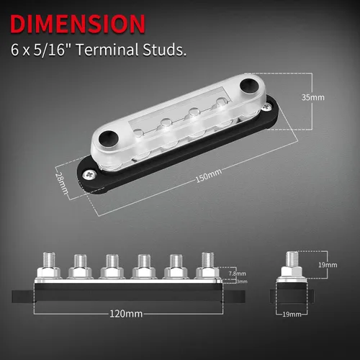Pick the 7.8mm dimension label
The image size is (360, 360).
[x=236, y=274]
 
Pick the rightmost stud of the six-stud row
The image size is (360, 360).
[x=208, y=261]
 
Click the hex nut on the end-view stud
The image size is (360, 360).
[x=294, y=271]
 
